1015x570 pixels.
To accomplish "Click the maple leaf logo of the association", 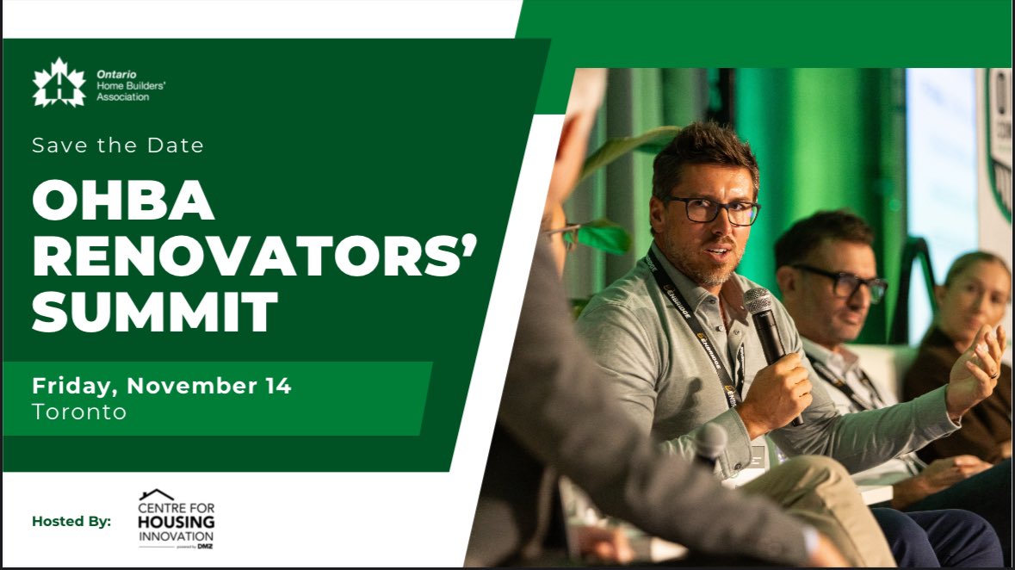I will (x=59, y=83).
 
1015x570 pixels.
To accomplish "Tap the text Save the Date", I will (x=118, y=146).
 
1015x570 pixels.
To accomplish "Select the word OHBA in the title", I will (x=123, y=202).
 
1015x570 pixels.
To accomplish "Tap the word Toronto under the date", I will (x=79, y=412).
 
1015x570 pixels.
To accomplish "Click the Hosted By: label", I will (x=71, y=521).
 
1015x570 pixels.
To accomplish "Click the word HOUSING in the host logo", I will (x=176, y=524).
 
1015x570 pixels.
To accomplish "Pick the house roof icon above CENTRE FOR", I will (x=157, y=494).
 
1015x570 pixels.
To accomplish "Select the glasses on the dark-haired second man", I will (x=839, y=282).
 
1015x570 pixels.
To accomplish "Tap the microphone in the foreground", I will (x=711, y=443).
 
